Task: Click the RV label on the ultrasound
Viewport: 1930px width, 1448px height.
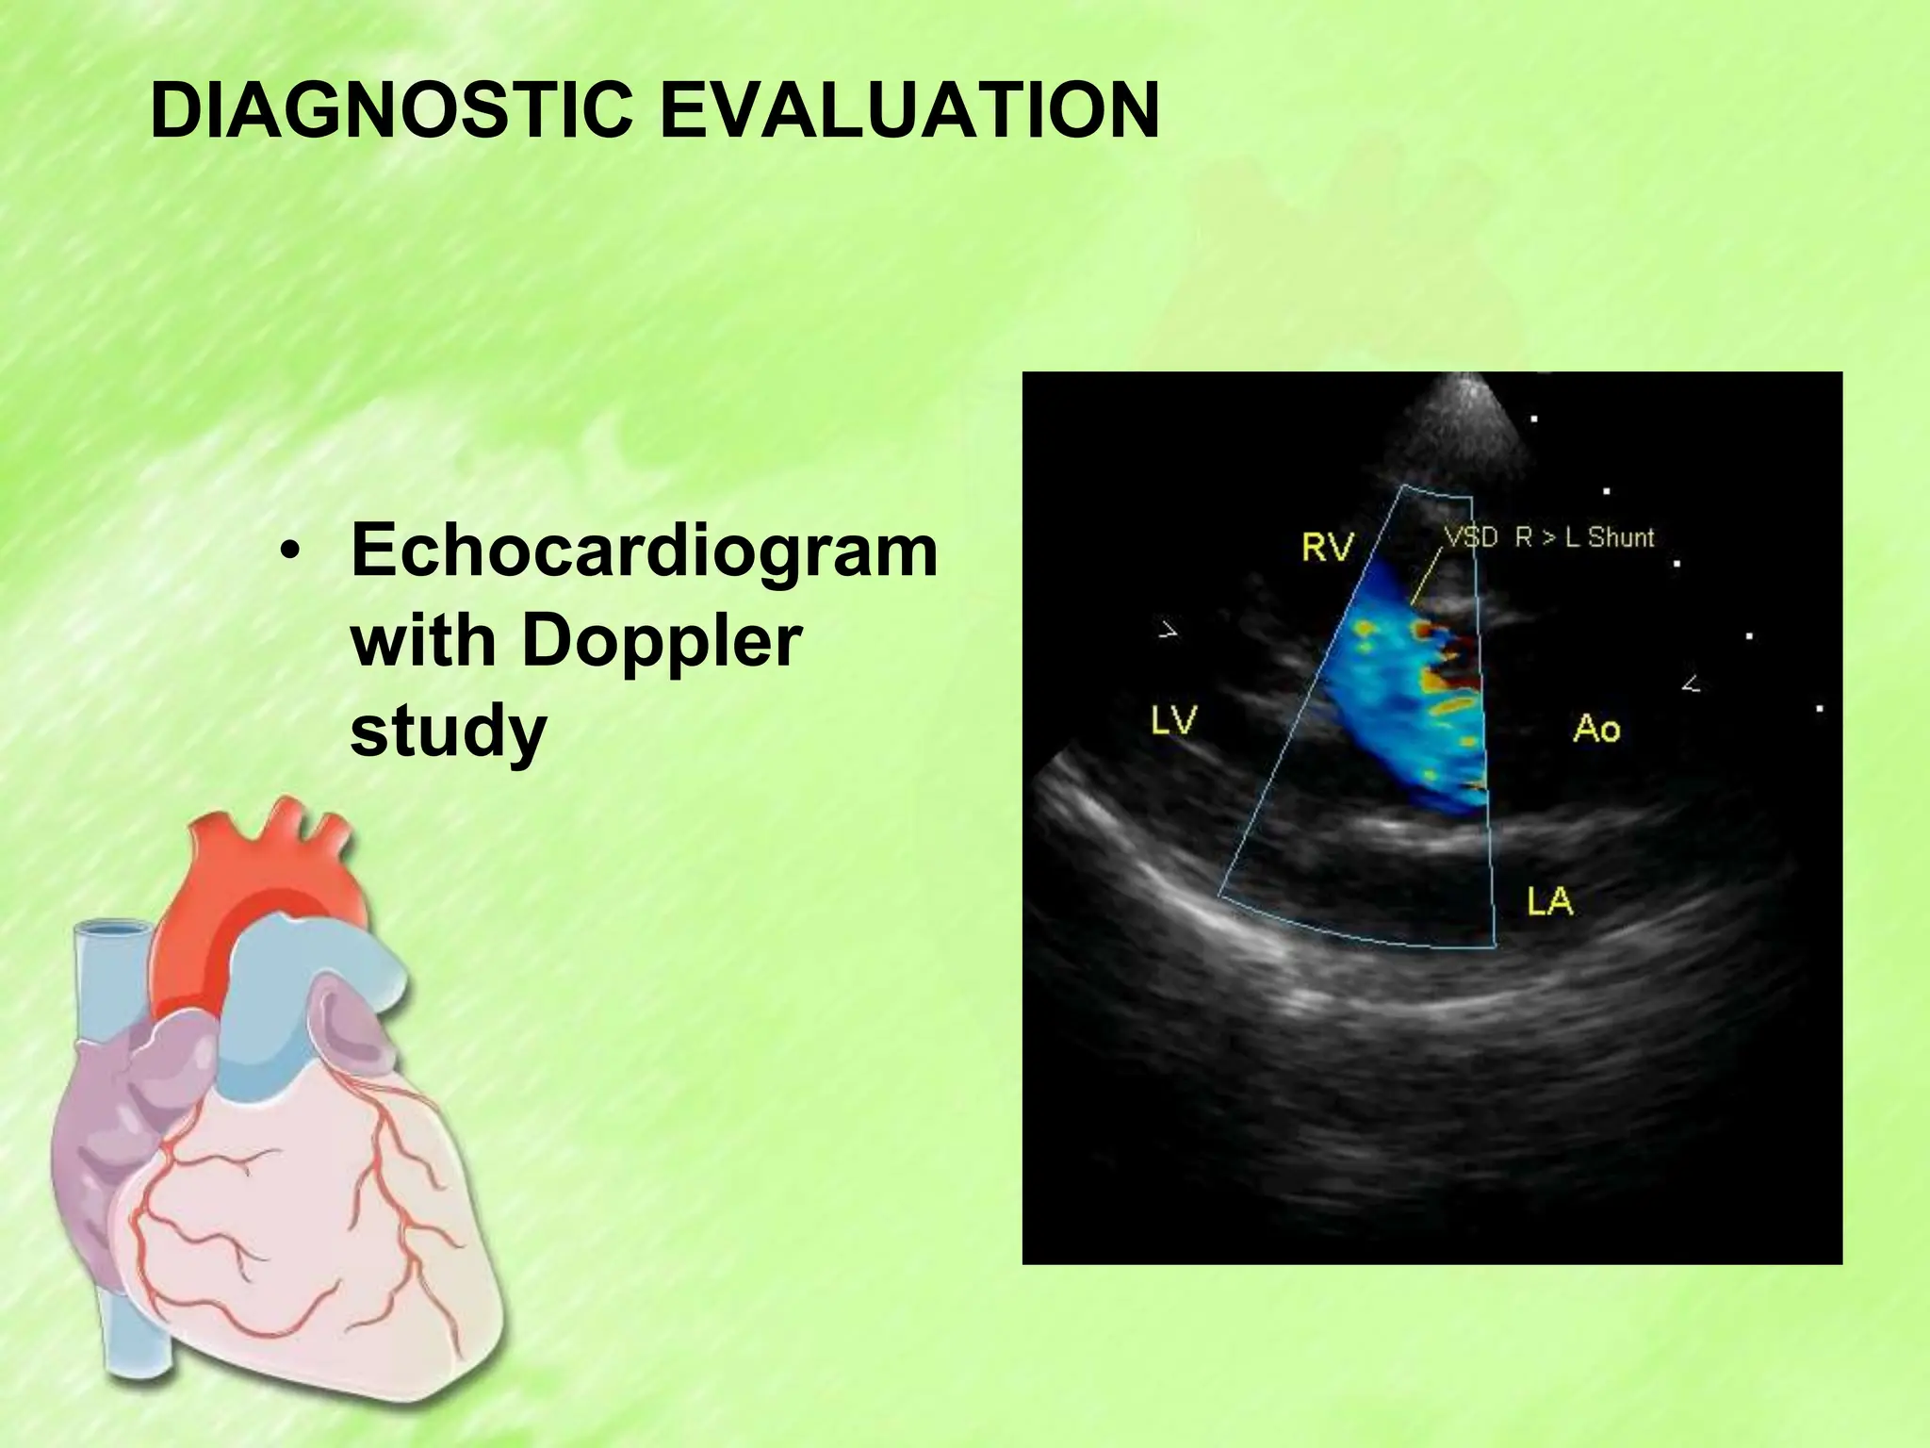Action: [1328, 547]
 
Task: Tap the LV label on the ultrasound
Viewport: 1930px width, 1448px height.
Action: [1173, 721]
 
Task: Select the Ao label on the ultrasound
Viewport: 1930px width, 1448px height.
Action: [1596, 728]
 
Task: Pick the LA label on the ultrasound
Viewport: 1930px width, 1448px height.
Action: [1550, 902]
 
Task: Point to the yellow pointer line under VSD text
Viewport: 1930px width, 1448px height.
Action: [1425, 578]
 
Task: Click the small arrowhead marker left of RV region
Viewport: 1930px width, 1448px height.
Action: [1168, 630]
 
